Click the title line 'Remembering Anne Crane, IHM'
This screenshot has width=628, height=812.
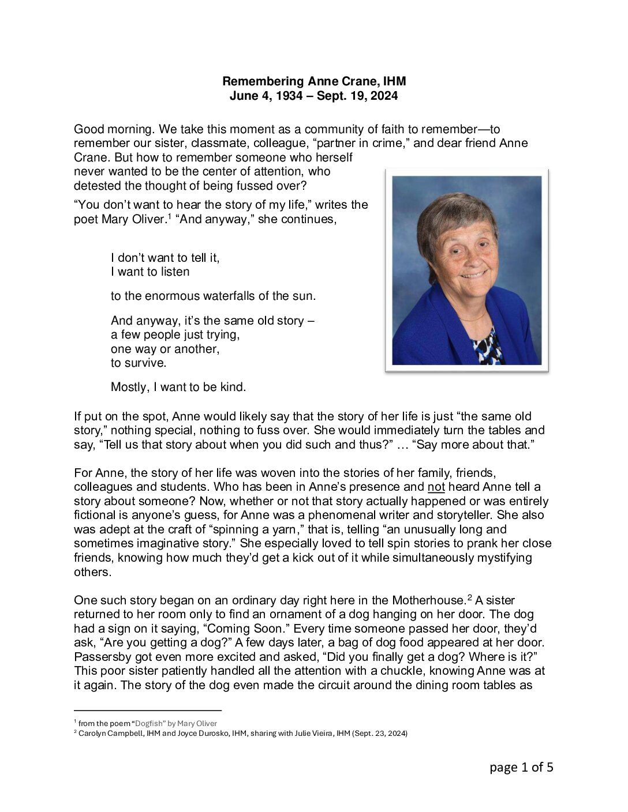click(314, 82)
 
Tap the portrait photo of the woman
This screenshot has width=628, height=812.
click(466, 270)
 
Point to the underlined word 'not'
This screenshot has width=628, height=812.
click(436, 487)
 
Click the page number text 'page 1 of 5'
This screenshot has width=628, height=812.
click(521, 767)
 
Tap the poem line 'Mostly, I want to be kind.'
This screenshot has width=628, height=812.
click(178, 387)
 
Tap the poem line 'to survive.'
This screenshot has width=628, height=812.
click(139, 363)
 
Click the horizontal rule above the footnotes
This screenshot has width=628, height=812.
click(148, 711)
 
